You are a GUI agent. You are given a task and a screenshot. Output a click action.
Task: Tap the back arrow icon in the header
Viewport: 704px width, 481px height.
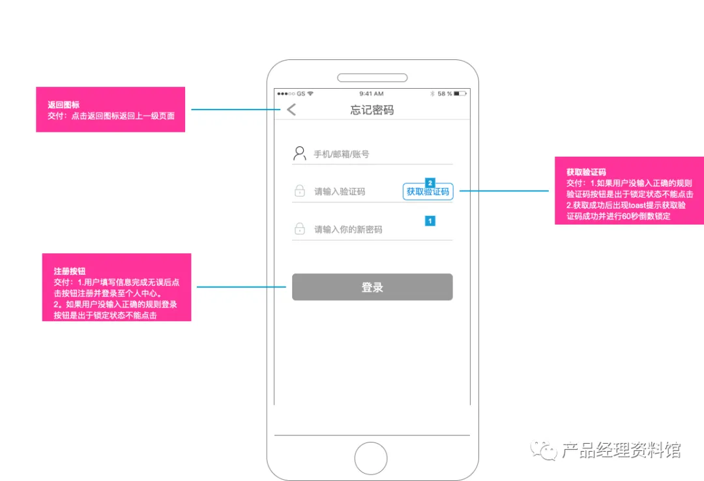[x=291, y=110]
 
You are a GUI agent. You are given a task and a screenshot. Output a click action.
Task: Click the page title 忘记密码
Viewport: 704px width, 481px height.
[x=372, y=110]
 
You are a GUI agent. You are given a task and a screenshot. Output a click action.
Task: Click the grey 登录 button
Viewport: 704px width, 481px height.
[x=372, y=287]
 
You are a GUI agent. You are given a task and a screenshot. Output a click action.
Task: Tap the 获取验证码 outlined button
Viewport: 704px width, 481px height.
[x=428, y=192]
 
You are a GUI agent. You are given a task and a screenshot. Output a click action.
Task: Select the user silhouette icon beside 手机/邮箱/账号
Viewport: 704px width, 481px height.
[x=299, y=153]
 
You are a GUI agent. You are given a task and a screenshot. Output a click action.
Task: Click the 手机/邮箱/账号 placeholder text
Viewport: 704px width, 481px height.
[x=342, y=155]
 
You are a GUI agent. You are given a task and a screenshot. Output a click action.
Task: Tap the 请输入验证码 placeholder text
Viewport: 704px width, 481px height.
[x=340, y=192]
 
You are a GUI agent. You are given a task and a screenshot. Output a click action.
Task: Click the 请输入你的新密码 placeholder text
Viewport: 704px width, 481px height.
[x=348, y=230]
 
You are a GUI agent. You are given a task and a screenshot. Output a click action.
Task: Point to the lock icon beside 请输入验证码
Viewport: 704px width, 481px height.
[x=299, y=191]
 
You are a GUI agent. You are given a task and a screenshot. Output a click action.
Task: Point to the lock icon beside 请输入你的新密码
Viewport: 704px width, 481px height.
[x=299, y=229]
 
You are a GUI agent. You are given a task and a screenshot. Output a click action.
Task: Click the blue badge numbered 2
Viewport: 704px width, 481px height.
[x=430, y=182]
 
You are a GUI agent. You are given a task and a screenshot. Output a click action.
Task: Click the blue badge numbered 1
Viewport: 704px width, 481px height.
[x=430, y=221]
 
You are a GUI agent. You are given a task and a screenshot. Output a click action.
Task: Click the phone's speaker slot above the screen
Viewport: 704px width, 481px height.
[x=372, y=78]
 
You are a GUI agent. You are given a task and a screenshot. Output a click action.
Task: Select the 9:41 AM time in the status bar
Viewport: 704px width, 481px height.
[x=372, y=94]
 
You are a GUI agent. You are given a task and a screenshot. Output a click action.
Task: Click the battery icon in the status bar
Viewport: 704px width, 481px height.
[x=461, y=94]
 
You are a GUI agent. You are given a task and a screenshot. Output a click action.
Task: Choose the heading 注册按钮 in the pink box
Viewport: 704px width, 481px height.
[x=70, y=271]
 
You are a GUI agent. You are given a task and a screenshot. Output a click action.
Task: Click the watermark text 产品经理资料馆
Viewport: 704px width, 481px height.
[x=621, y=450]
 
